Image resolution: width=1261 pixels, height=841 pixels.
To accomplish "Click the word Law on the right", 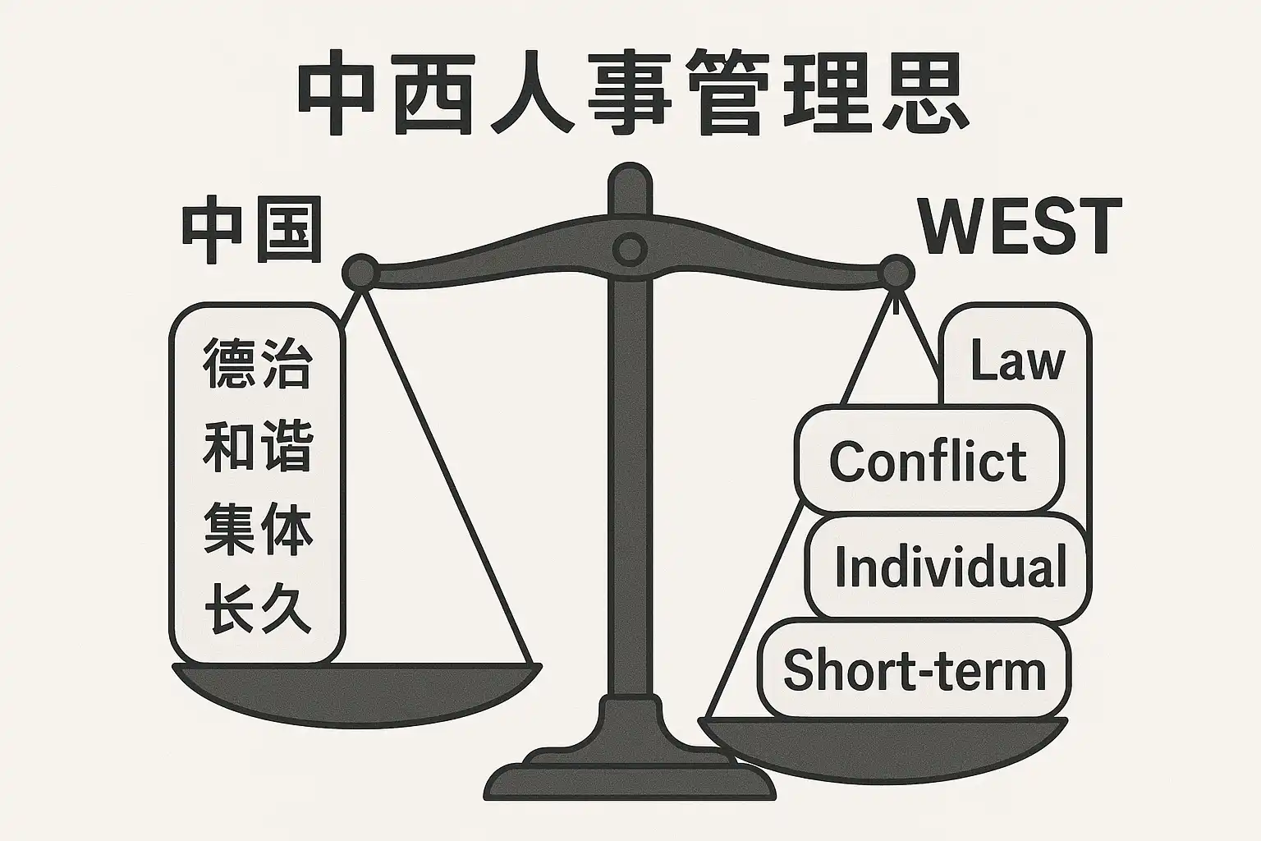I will (x=1016, y=361).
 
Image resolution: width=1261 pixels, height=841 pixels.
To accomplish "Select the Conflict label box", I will (x=928, y=461).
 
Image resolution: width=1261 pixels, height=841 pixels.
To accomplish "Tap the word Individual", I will (x=950, y=567).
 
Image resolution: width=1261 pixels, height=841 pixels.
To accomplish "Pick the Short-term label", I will (x=915, y=670).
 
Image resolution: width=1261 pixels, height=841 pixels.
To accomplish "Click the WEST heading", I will (x=1020, y=227).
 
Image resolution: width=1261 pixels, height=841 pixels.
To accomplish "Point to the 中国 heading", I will (x=251, y=232).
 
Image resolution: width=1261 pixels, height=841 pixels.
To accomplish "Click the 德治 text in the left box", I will (x=258, y=365).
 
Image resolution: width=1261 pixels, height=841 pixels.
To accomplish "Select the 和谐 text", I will (x=258, y=448).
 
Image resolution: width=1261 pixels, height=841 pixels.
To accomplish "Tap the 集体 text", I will (x=258, y=531).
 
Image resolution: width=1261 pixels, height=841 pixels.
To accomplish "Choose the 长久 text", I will (x=258, y=609).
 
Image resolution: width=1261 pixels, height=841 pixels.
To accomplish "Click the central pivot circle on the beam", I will (x=630, y=250).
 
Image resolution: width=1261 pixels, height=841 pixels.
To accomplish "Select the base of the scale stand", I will (x=630, y=776).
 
